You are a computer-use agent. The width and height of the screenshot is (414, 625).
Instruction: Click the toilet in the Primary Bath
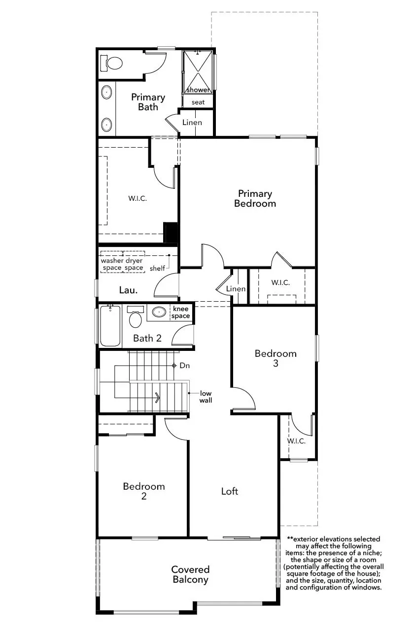pos(111,63)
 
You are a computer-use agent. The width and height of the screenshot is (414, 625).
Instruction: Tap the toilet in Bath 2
pos(136,317)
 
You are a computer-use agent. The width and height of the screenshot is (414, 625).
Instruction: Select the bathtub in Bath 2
pos(110,326)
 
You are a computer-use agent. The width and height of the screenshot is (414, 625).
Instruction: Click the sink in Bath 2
pos(159,312)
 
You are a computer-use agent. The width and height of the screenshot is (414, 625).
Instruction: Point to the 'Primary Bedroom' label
pos(255,198)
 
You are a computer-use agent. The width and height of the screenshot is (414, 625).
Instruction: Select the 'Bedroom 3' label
pos(276,358)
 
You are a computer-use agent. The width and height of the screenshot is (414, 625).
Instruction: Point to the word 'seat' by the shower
pos(198,102)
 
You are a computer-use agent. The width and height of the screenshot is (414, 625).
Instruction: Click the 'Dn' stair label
pos(185,366)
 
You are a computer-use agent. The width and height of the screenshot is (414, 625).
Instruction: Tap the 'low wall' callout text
pos(206,397)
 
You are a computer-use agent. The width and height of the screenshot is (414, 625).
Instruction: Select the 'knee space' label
pos(180,312)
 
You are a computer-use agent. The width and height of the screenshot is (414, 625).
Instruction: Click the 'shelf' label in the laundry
pos(157,268)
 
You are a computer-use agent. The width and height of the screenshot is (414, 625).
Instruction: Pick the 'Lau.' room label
pos(128,290)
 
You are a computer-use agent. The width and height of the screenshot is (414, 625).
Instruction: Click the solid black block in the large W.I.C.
pos(171,232)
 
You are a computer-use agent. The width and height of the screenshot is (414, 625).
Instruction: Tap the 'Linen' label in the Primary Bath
pos(192,122)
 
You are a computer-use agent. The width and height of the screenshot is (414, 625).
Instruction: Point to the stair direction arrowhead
pos(158,398)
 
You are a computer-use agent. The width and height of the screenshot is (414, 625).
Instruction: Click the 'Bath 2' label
pos(147,338)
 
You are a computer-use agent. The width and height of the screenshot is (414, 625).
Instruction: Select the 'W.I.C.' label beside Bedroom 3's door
pos(296,441)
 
